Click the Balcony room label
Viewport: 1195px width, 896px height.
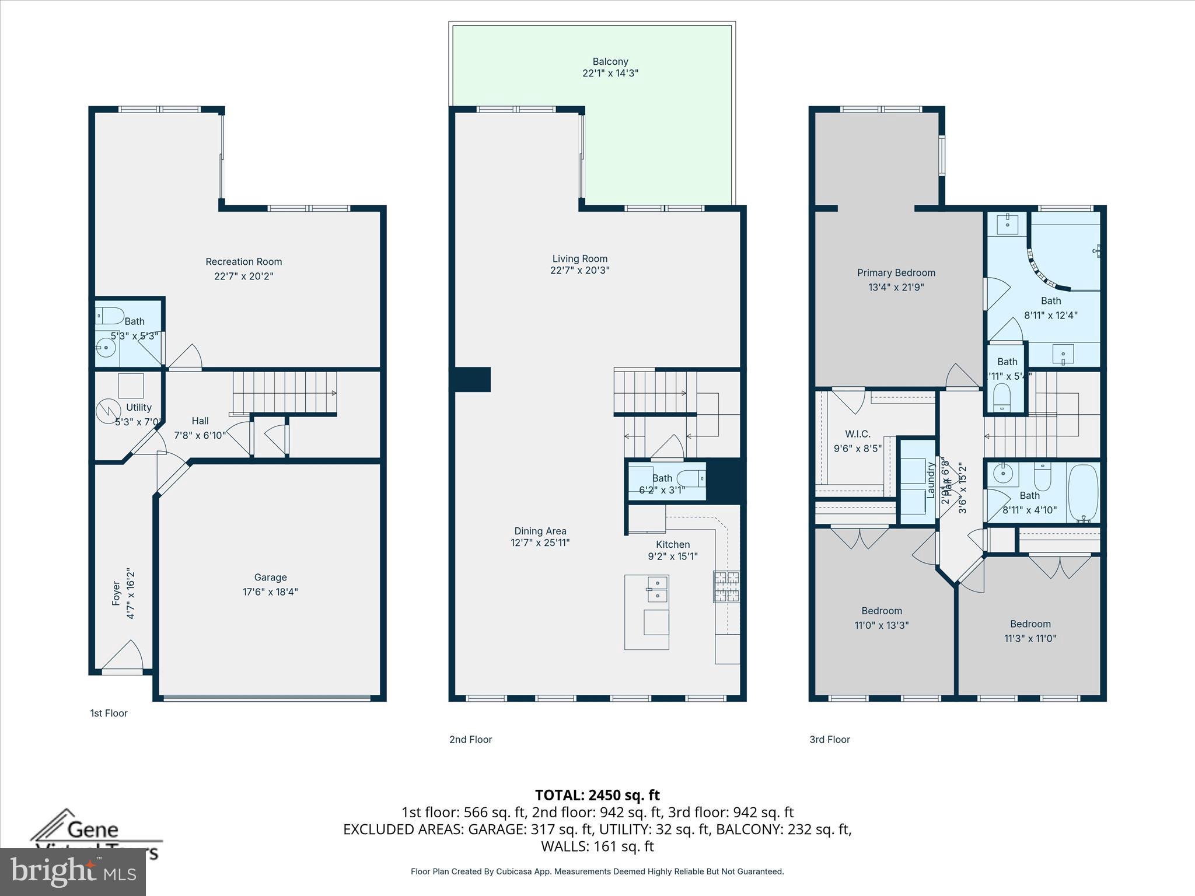[610, 61]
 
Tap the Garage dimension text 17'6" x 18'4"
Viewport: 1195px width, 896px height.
[270, 591]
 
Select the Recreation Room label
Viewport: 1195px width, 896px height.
[243, 262]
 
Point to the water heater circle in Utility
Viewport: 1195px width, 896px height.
[107, 411]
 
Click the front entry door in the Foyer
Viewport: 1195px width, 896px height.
[123, 658]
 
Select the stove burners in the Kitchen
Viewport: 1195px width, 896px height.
[726, 587]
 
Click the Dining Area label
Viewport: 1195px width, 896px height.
[540, 531]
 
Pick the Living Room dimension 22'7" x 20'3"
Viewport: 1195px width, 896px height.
[579, 270]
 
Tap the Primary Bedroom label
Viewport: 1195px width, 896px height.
[896, 272]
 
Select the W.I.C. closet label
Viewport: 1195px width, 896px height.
[857, 434]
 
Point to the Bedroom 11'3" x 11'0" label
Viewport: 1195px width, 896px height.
[1030, 624]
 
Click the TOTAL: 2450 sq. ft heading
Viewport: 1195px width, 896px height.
[597, 795]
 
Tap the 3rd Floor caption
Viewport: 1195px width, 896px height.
[829, 740]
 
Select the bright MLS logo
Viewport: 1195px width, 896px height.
[73, 872]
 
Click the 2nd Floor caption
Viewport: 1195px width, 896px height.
[470, 740]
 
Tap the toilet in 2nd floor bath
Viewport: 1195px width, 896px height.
[691, 478]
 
